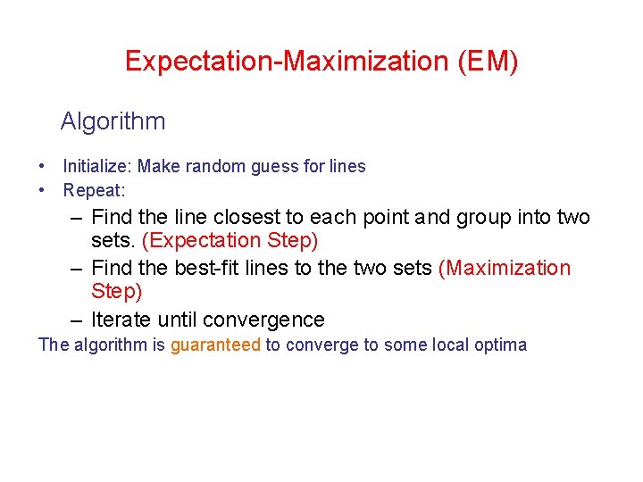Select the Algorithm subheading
[113, 120]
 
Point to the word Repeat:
[94, 190]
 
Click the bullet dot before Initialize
[43, 166]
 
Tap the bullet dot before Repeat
[43, 190]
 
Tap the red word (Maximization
[505, 268]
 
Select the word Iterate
[121, 320]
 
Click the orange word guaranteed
[215, 345]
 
